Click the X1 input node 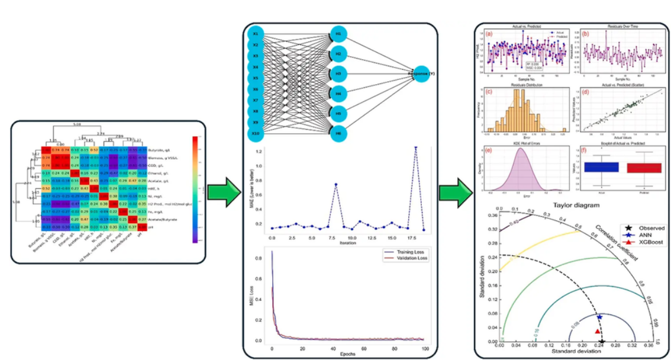point(256,33)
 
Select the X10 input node point(256,134)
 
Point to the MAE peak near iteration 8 point(336,184)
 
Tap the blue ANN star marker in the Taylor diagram point(599,317)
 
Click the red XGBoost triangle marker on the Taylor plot point(597,331)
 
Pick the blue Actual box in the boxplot point(601,168)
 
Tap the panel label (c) point(489,92)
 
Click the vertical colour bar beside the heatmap point(195,189)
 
